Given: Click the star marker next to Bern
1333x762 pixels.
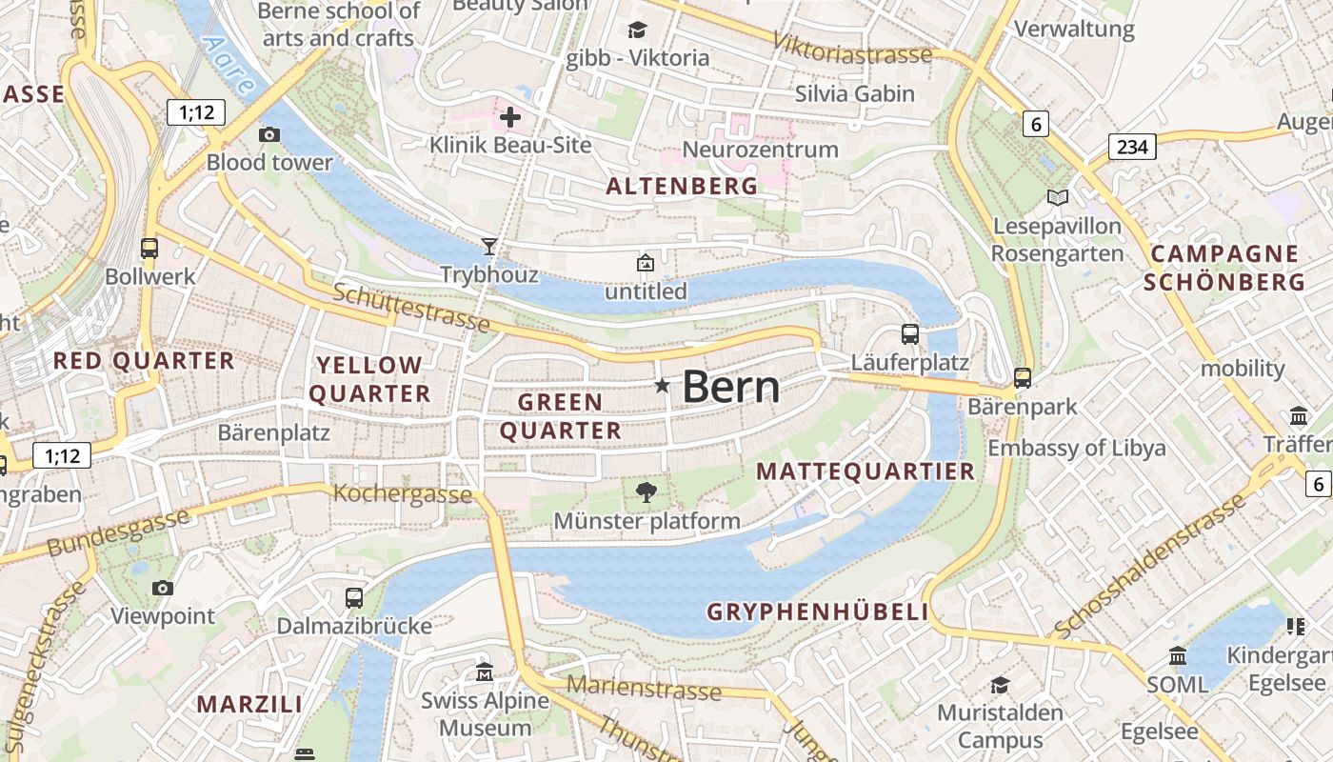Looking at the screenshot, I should click(662, 386).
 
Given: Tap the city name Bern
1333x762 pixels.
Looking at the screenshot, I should click(731, 388).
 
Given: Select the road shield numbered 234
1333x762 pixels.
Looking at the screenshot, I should click(1131, 147).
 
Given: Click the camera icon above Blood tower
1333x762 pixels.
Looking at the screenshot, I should click(269, 134).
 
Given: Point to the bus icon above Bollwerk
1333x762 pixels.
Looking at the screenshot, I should click(149, 249).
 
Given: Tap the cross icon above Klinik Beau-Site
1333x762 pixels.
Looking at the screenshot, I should click(510, 118).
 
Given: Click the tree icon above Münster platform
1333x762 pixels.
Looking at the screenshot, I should click(647, 492).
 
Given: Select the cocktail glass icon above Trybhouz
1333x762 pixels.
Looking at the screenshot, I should click(489, 247).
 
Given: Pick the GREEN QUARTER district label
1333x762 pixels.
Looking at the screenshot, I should click(560, 416).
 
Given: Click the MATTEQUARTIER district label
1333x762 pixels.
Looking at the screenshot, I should click(865, 471).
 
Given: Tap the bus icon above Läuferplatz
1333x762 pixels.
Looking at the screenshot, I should click(910, 334).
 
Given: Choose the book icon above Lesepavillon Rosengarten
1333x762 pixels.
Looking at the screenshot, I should click(1057, 197).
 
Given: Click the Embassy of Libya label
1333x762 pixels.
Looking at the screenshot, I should click(1076, 449).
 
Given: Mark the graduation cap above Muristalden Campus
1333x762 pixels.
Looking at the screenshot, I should click(1000, 685).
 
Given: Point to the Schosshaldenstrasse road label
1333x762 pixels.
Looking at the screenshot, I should click(1150, 568).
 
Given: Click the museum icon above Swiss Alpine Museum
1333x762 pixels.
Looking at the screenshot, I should click(485, 672).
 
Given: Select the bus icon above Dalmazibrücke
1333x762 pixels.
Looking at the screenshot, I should click(354, 598).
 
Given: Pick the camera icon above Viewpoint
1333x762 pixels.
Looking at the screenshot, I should click(163, 588).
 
